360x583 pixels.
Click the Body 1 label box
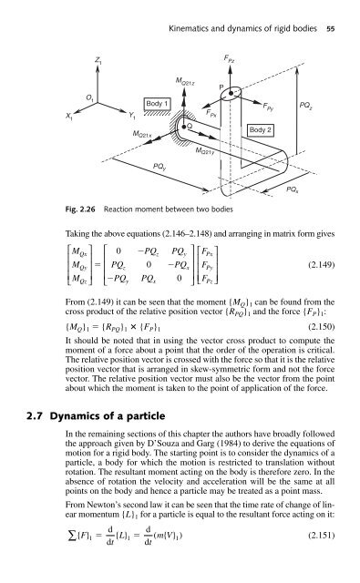[x=157, y=104]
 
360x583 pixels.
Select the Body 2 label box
[x=261, y=130]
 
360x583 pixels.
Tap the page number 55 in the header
[x=330, y=28]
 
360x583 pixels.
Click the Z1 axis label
[x=98, y=59]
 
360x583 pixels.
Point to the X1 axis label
[x=69, y=117]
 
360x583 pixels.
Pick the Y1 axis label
[x=132, y=116]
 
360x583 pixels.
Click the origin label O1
[x=89, y=97]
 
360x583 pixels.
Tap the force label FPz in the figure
[x=229, y=58]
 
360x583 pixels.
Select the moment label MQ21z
[x=184, y=81]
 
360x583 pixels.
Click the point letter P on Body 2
[x=221, y=87]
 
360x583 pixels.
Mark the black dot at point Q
[x=183, y=127]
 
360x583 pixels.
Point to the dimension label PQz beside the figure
[x=305, y=106]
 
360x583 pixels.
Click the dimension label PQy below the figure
[x=159, y=167]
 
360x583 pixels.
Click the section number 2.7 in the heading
[x=36, y=415]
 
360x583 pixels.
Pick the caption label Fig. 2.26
[x=80, y=209]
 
